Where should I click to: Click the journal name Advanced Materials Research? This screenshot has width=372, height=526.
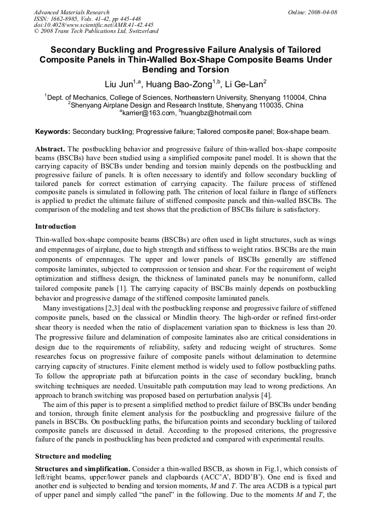(71, 12)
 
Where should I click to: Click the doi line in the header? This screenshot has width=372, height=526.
(93, 25)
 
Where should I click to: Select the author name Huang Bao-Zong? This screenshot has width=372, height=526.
(178, 84)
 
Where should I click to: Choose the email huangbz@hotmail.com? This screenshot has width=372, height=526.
(216, 113)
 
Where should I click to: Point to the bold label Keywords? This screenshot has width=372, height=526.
(53, 132)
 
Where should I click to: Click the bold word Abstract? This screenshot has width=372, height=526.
(50, 149)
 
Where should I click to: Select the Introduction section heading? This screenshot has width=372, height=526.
(55, 226)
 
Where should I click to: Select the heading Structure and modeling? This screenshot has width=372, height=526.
(73, 456)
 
